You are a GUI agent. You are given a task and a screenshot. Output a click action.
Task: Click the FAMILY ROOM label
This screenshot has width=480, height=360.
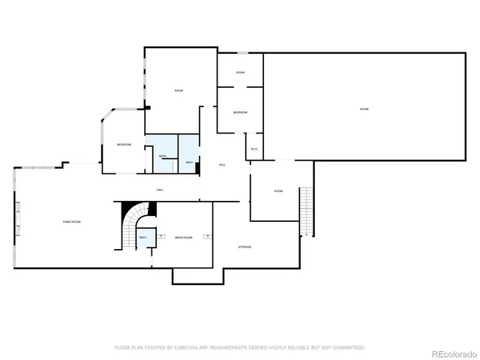pos(71,222)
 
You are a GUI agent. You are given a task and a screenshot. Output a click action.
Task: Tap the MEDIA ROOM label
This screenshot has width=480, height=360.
pos(184,238)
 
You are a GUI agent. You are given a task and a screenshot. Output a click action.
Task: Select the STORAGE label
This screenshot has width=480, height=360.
pos(244,247)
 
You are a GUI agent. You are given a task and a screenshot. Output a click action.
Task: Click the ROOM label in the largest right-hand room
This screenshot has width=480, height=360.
pos(364,109)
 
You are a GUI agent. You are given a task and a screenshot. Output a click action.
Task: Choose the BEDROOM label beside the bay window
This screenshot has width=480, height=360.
pos(124,144)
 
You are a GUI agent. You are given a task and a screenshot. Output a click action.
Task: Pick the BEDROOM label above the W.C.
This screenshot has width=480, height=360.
pos(240,112)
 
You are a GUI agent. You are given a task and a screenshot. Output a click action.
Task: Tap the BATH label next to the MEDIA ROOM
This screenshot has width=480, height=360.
pos(143,238)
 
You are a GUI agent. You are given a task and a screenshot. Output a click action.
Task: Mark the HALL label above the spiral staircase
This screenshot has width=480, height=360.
pos(160,190)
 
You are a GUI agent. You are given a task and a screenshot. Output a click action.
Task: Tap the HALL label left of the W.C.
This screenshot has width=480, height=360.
pos(222,164)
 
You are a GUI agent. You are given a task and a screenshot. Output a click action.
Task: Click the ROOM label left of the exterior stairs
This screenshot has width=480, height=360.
pos(278,191)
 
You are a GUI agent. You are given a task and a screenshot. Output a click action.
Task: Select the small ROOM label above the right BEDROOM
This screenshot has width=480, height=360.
pos(240,73)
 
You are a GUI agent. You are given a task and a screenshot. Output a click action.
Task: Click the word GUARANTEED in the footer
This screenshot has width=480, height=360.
pos(346,347)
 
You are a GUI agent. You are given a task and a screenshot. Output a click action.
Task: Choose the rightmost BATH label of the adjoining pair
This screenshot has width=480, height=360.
pos(189,163)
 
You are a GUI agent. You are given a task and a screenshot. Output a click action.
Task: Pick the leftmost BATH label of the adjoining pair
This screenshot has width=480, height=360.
pos(162,156)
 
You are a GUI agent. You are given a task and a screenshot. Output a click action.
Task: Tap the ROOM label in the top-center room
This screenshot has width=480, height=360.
pos(178,91)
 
